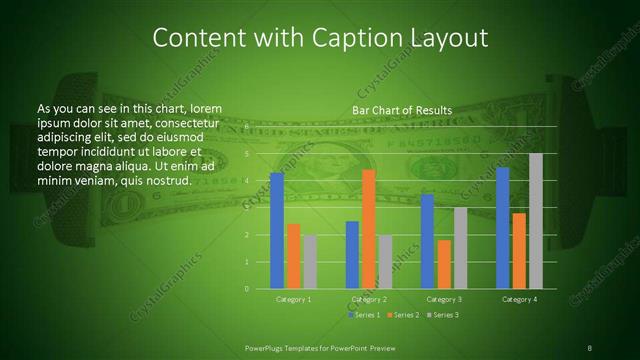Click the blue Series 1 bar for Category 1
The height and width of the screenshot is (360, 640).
tap(277, 231)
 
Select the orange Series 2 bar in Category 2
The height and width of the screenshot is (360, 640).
tap(369, 229)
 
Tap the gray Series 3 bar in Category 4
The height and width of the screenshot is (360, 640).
tap(536, 221)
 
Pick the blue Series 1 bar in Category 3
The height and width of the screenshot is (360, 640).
tap(428, 241)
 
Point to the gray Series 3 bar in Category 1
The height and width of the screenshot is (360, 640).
tap(310, 262)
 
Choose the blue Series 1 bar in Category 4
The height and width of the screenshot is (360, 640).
tap(503, 228)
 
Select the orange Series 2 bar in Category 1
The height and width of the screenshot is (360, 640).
tap(294, 256)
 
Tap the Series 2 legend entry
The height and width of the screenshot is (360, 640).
tap(404, 315)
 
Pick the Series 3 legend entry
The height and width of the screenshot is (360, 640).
tap(443, 315)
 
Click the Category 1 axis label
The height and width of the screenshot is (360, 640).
tap(294, 299)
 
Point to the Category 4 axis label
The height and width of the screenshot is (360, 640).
tap(519, 299)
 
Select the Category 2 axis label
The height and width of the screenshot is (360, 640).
tap(369, 299)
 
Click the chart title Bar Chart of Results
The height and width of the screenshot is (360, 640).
tap(402, 110)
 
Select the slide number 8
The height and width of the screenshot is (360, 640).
tap(590, 347)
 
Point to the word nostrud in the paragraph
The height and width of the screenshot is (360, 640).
tap(166, 180)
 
